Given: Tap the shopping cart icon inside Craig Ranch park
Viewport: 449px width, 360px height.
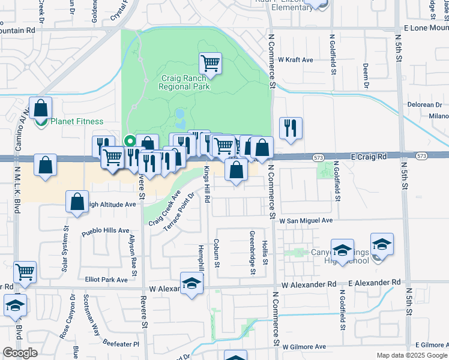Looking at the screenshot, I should [210, 62].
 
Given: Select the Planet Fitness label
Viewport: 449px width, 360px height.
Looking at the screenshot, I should [76, 121].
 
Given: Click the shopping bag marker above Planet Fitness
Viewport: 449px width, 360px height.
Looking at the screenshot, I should [40, 109].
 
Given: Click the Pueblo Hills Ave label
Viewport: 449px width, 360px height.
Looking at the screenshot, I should [106, 230].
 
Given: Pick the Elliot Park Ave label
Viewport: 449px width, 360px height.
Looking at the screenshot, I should [106, 280].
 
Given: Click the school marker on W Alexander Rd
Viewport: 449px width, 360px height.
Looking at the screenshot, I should [191, 284].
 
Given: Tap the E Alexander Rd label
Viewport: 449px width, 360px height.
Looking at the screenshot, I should [373, 282].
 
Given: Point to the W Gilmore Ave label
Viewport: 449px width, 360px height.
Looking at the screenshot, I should [303, 346].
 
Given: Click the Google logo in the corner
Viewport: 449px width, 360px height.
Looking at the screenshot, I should [20, 353].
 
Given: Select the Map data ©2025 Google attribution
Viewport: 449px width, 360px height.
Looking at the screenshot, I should [411, 355].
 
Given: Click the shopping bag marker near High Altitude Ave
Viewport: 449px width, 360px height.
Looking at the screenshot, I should [77, 202].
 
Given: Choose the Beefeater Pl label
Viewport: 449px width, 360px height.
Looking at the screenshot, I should [119, 344].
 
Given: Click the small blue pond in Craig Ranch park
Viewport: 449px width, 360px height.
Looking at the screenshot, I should [181, 113].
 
